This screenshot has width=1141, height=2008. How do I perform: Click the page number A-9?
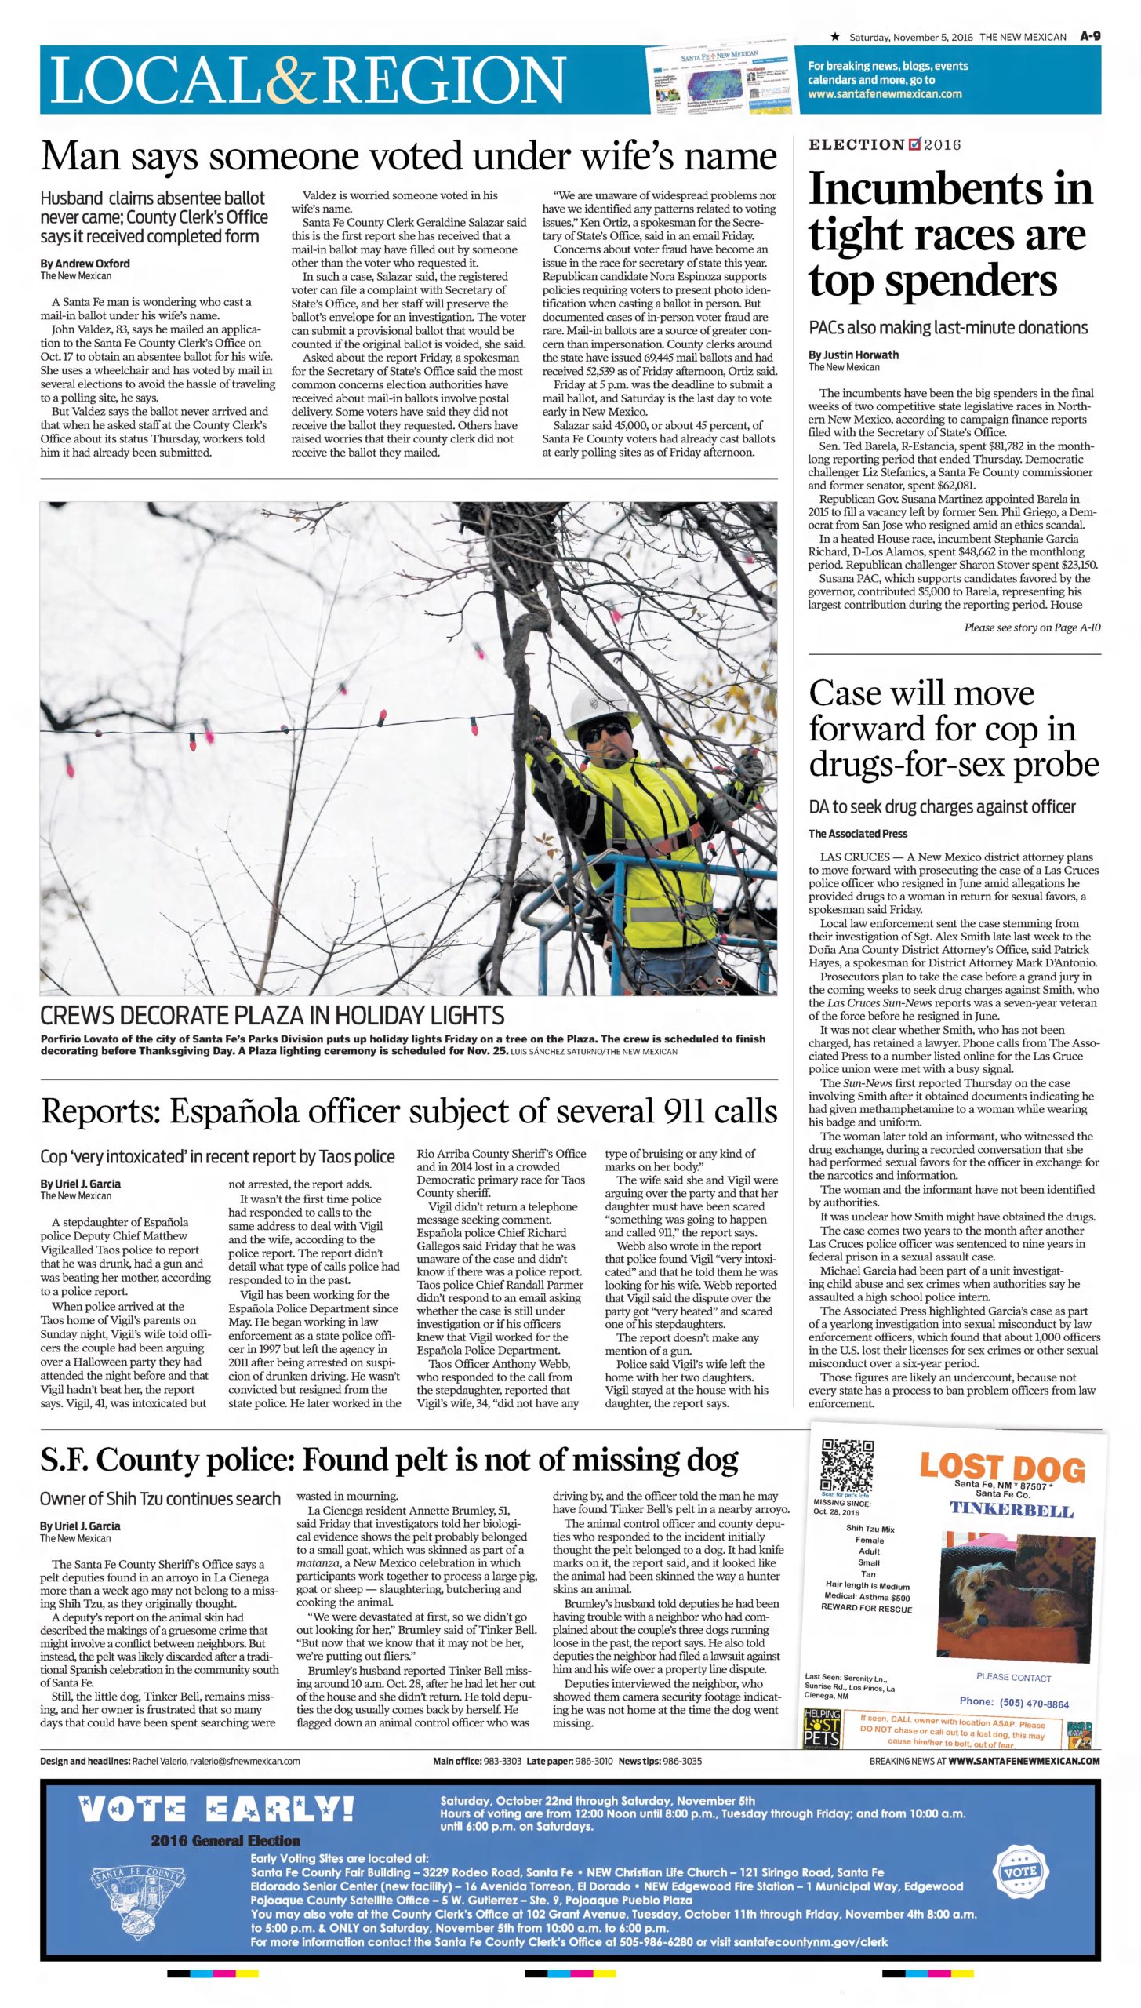point(1090,36)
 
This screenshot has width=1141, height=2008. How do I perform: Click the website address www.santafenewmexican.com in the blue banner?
point(885,94)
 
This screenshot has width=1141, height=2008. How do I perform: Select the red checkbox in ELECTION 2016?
point(914,144)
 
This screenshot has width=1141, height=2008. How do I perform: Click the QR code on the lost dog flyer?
point(846,1466)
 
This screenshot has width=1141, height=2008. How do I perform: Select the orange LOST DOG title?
point(1002,1467)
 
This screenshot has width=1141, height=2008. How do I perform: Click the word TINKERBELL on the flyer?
point(1012,1509)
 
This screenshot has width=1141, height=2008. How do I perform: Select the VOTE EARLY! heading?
point(216,1810)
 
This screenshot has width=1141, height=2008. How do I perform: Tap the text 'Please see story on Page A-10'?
point(1032,627)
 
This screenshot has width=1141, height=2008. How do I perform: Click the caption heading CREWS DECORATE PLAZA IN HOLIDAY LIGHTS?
point(272,1016)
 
